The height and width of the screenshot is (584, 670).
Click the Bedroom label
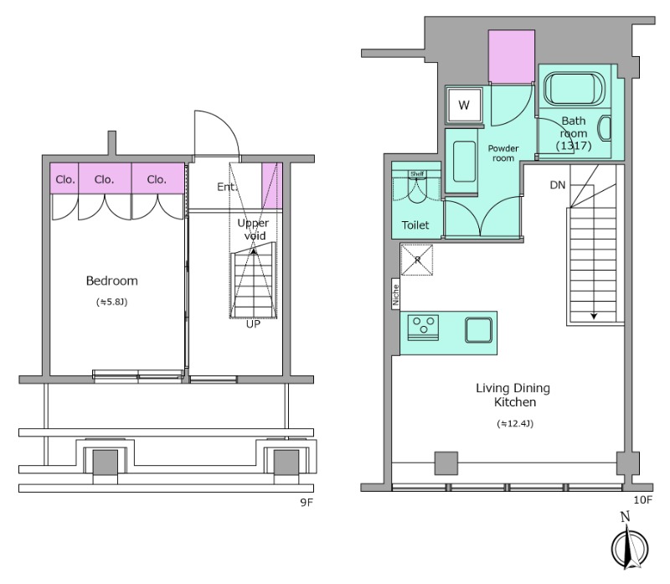(x=112, y=281)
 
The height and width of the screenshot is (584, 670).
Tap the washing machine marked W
(x=464, y=105)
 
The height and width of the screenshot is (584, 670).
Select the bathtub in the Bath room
(x=574, y=89)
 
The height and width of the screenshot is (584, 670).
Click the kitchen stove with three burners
(x=423, y=328)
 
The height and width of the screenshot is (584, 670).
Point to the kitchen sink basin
(x=478, y=329)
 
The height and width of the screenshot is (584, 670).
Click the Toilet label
(x=415, y=225)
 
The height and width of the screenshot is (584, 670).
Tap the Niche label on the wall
(x=395, y=295)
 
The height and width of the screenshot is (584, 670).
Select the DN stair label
(x=558, y=185)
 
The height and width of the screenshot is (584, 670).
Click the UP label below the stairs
(x=253, y=324)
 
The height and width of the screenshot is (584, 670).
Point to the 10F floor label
(x=642, y=499)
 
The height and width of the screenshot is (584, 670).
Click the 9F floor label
(x=307, y=503)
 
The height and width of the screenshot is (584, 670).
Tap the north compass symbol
(x=630, y=542)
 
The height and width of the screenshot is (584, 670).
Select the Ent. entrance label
(x=226, y=187)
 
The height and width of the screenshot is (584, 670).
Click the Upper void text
(x=253, y=229)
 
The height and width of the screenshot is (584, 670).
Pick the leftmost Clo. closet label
(x=65, y=180)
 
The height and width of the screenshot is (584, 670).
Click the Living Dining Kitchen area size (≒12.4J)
(x=515, y=424)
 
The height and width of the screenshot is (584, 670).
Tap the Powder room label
(x=503, y=153)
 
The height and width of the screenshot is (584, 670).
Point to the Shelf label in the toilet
(x=416, y=174)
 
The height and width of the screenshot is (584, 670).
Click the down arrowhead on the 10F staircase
(x=594, y=317)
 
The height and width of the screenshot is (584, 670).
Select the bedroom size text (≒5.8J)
(x=112, y=302)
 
